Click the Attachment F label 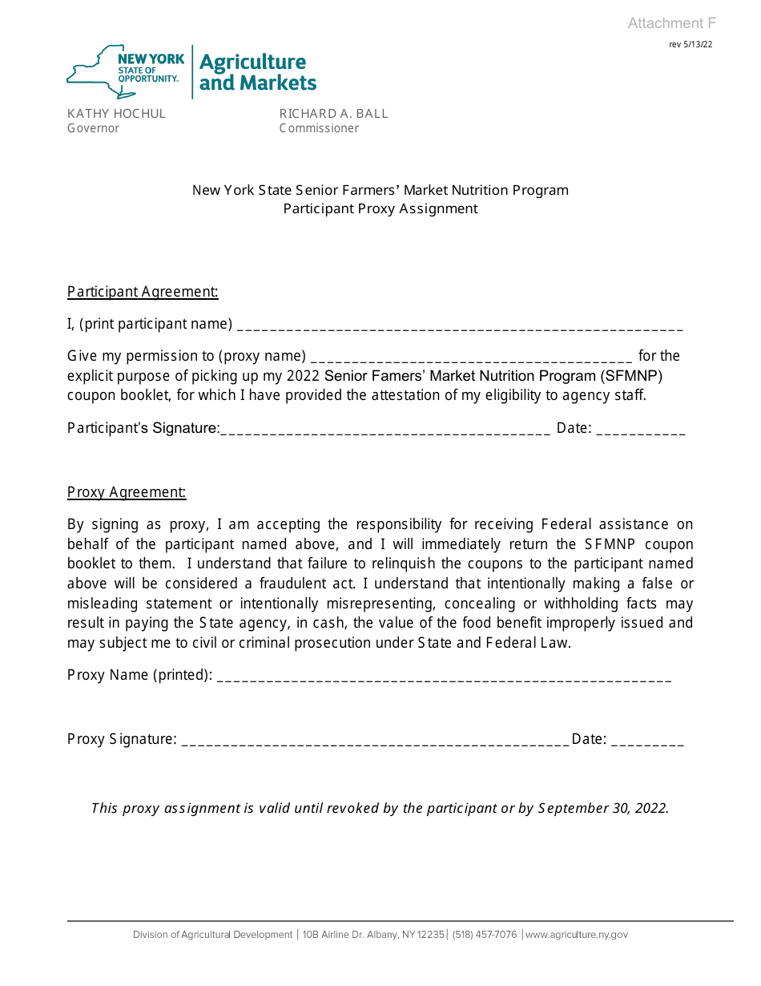point(671,23)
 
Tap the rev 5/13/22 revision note point(691,45)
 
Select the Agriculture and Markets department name point(257,72)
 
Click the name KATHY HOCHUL point(116,114)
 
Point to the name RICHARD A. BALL point(333,114)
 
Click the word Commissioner point(319,128)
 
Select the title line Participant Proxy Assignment point(380,208)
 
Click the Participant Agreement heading point(143,292)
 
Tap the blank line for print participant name point(460,327)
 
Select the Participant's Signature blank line point(385,431)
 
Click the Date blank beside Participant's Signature point(640,431)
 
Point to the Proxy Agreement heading point(127,492)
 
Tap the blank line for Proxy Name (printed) point(444,678)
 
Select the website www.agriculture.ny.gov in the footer point(577,935)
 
